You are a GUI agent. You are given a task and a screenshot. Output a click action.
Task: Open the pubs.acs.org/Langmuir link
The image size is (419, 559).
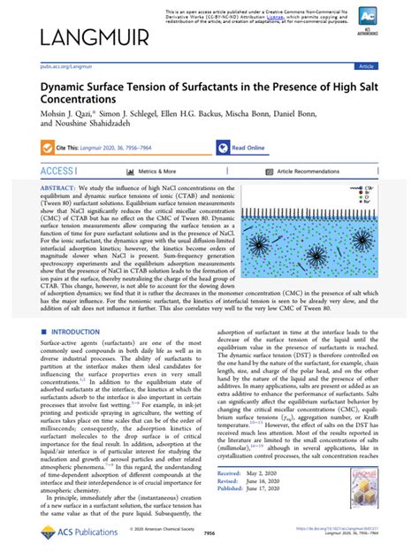[65, 65]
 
